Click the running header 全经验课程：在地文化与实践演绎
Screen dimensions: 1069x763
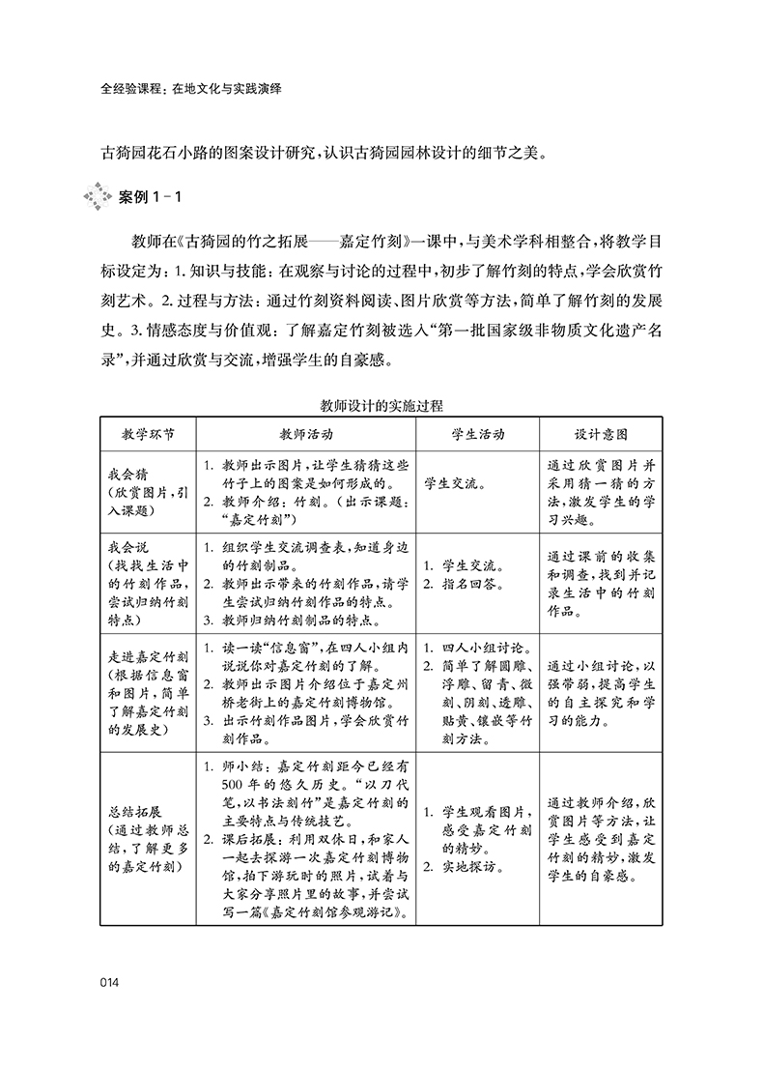point(196,86)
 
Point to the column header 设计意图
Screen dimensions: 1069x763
point(601,434)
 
